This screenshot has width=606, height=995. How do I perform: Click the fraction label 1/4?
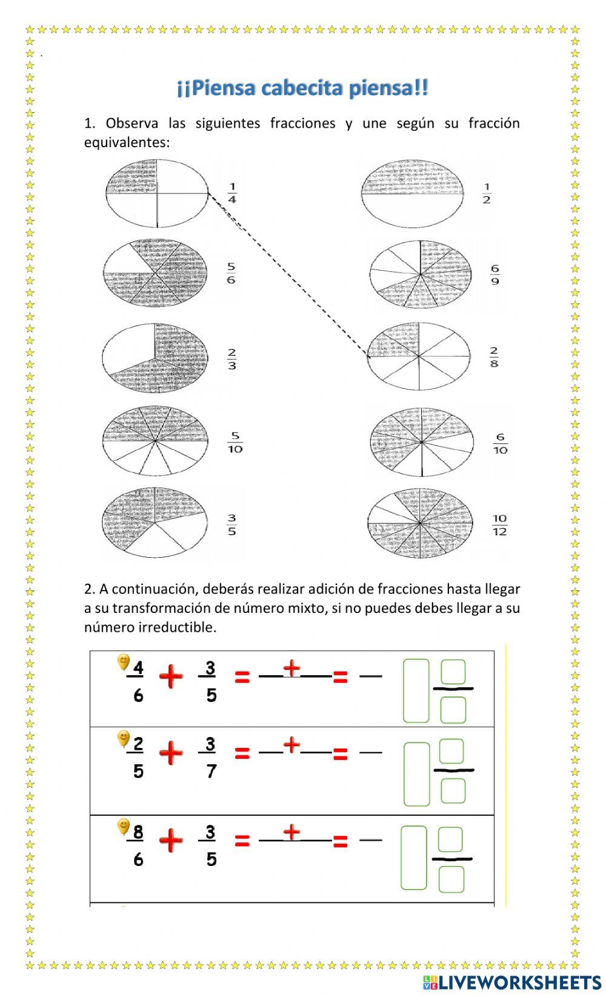click(x=232, y=193)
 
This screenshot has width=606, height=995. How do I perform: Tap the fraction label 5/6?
click(x=231, y=273)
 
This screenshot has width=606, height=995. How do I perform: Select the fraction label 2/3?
click(x=231, y=359)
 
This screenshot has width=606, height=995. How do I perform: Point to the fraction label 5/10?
click(x=235, y=443)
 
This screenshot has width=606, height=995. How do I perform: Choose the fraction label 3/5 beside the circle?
click(x=231, y=525)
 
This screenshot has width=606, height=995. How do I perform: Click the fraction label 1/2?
click(x=487, y=194)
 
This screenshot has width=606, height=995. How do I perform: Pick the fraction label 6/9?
click(x=495, y=274)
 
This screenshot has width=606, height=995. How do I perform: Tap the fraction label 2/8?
click(x=494, y=357)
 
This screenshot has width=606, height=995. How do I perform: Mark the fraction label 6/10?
click(x=500, y=443)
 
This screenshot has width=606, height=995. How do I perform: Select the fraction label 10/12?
click(x=499, y=525)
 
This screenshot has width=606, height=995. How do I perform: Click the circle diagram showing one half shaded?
click(x=413, y=193)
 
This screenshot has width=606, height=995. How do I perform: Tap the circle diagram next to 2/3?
click(x=155, y=357)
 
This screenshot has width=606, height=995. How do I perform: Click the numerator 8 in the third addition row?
click(x=138, y=832)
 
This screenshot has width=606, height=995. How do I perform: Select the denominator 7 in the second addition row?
click(x=211, y=772)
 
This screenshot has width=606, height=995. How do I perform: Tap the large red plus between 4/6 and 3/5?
click(x=171, y=676)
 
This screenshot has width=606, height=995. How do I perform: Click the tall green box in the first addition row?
click(x=416, y=691)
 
